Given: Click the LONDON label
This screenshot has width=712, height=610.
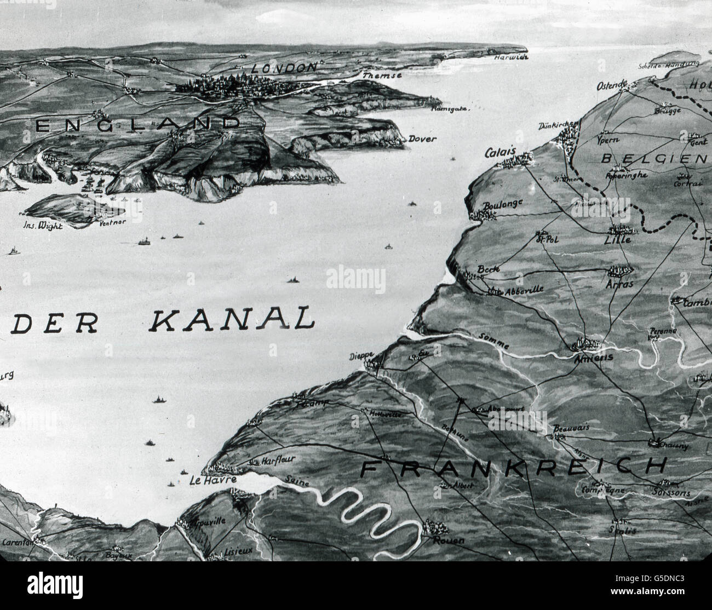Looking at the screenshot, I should point(284,68).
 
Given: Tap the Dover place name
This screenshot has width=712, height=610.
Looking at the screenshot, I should point(422,139).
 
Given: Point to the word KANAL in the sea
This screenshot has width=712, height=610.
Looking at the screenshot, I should point(231,319).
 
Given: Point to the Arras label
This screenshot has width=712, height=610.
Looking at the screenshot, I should point(620,284).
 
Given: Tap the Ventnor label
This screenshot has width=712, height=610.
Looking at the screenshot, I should point(113,222).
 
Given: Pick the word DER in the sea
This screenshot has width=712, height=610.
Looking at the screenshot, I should point(55,324).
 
